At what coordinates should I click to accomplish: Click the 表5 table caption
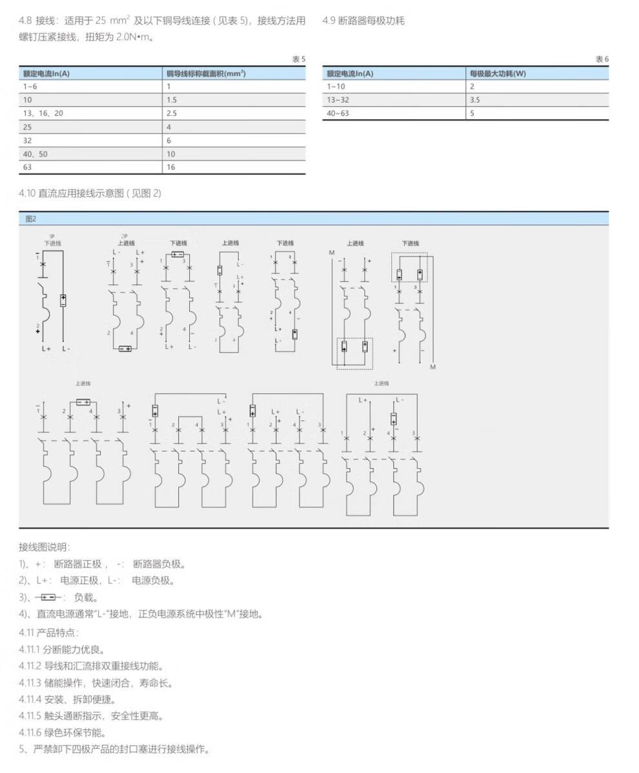point(298,59)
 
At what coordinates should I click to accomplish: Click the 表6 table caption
point(602,59)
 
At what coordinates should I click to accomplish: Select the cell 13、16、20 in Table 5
point(44,113)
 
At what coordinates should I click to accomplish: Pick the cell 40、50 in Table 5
point(35,154)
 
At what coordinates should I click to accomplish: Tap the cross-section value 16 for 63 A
point(171,168)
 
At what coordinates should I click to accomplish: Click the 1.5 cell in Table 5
point(172,100)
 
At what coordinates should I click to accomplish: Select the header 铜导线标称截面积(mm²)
point(206,73)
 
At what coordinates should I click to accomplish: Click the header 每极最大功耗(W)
point(498,73)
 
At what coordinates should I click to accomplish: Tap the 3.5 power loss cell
point(475,100)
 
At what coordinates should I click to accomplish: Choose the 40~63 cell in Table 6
point(337,113)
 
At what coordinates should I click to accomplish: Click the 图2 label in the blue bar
point(31,219)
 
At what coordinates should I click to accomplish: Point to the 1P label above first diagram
point(52,237)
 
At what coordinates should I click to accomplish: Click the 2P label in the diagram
point(124,237)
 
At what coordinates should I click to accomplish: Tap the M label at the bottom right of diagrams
point(433,367)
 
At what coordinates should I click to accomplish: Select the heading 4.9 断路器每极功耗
point(363,21)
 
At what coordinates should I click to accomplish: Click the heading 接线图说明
point(44,547)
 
